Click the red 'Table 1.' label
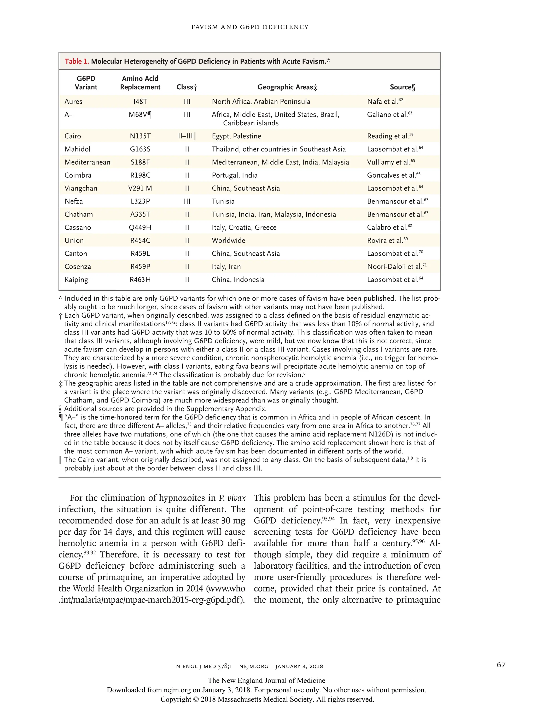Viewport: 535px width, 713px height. [77, 61]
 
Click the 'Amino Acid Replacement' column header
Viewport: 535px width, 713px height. [140, 83]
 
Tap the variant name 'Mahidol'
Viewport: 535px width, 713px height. [77, 149]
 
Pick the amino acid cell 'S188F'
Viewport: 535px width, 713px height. [140, 162]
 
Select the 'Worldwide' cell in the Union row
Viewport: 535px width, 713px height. [228, 241]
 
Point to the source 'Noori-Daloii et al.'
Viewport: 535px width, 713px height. [394, 267]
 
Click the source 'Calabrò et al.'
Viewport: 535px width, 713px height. [387, 227]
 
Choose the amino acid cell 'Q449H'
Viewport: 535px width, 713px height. [140, 227]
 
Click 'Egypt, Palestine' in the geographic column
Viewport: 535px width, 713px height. [236, 136]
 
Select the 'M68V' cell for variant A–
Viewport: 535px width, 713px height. [139, 114]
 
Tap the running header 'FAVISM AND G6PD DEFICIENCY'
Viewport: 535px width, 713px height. [250, 27]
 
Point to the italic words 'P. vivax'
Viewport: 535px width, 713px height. [232, 498]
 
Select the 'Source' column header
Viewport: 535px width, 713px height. [402, 87]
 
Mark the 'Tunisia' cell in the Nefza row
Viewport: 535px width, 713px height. [223, 201]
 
